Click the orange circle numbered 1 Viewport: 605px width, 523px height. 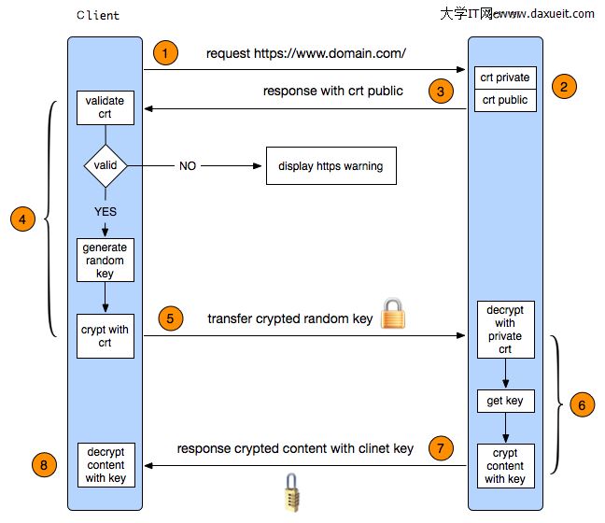164,53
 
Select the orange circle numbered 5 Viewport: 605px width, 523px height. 168,317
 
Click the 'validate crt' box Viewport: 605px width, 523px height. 105,106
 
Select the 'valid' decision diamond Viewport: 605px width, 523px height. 106,165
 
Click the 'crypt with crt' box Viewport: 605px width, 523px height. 105,336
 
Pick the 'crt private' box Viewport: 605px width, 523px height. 505,78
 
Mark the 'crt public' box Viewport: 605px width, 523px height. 505,100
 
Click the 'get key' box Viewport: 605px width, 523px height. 505,402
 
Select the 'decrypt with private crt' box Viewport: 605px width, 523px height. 505,329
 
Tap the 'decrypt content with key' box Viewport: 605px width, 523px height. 105,464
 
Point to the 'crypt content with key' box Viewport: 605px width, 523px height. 505,466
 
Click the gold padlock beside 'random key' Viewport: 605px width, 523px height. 393,314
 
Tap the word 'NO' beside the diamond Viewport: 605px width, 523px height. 188,166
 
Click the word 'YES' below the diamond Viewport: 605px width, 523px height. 106,211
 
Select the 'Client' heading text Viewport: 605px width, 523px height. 98,16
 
